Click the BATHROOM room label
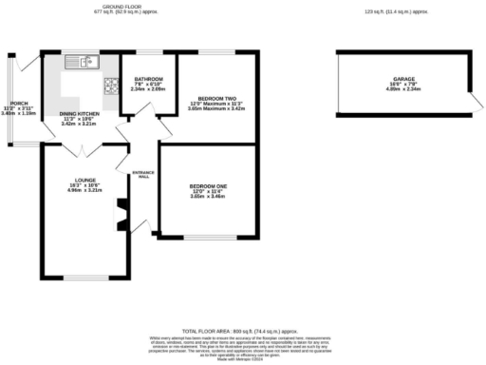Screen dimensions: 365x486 pos(148,79)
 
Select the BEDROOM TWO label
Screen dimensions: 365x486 pos(216,98)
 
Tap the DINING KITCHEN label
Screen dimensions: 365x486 pos(80,113)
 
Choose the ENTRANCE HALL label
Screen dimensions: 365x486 pos(144,174)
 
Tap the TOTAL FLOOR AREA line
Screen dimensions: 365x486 pos(242,325)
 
